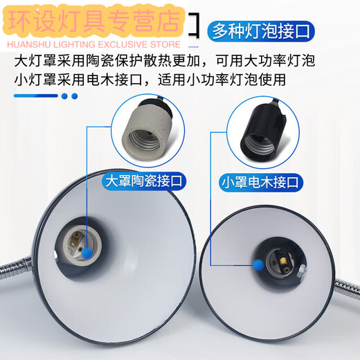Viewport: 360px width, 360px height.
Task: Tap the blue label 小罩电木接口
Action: [261, 183]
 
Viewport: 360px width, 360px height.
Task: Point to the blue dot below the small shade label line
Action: [257, 263]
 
